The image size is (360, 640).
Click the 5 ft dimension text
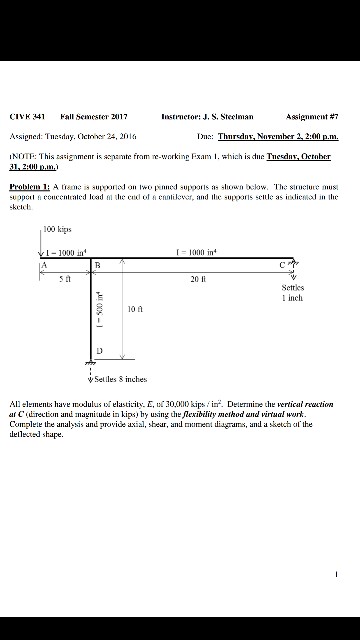62,279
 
